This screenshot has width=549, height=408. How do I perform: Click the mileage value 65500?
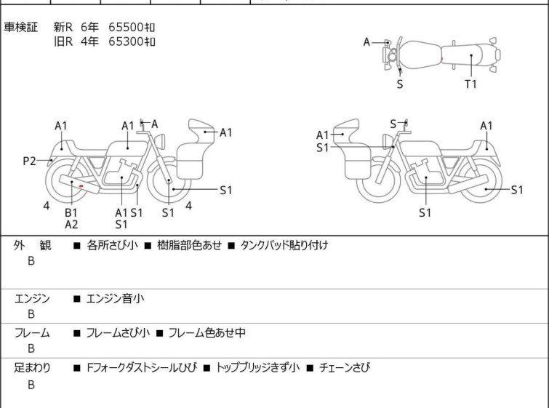126,27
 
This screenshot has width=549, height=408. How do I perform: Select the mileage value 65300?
126,41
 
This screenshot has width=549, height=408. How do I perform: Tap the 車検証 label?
20,27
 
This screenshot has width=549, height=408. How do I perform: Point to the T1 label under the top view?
470,84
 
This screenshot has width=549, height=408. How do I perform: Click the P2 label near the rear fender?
29,161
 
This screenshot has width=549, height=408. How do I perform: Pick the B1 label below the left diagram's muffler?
71,212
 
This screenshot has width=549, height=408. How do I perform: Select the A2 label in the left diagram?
71,225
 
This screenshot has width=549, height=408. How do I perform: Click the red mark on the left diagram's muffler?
81,186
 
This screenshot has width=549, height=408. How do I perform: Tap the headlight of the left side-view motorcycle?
160,142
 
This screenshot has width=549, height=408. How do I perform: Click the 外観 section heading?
32,246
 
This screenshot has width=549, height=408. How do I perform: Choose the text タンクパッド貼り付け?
284,245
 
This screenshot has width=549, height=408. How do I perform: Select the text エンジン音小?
115,299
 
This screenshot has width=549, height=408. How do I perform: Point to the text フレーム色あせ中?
207,332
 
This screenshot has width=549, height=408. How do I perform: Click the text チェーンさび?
345,368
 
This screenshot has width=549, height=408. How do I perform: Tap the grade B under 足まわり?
31,385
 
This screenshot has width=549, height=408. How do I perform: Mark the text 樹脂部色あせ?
189,245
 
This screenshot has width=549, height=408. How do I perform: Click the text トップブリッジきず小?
257,368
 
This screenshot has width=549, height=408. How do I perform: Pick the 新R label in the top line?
63,27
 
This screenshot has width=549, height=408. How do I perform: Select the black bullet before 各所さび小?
77,246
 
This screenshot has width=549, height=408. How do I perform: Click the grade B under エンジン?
31,314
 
